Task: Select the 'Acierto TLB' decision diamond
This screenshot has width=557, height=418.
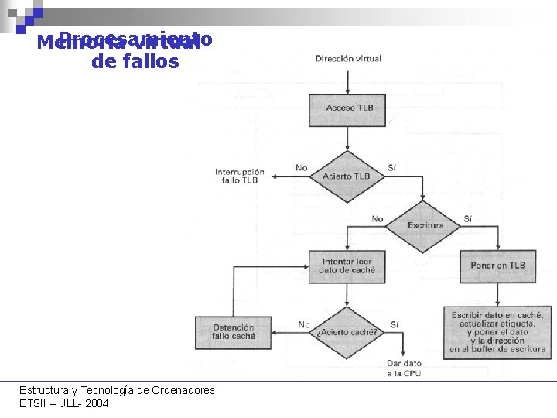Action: coord(347,176)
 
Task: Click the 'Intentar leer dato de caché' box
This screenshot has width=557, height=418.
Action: coord(347,266)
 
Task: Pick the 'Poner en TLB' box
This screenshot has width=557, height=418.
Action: coord(497,266)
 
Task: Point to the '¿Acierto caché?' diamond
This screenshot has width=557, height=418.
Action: coord(347,332)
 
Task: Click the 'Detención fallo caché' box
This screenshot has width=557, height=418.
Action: coord(233,332)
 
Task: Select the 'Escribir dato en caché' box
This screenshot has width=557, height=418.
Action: coord(498,332)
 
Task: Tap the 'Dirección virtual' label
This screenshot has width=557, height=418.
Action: coord(348,59)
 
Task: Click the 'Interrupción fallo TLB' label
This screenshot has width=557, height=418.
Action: coord(239,176)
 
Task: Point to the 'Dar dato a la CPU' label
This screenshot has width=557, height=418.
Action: coord(404,368)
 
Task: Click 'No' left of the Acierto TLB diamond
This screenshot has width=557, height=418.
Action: coord(301,167)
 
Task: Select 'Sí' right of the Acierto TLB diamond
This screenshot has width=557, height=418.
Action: coord(391,167)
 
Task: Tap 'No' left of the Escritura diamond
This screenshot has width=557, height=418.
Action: coord(377,219)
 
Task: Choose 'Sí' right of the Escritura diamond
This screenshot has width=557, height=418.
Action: coord(467,219)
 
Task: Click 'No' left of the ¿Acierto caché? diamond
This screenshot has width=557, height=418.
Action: coord(304,325)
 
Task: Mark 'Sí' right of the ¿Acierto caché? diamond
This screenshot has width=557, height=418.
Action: coord(395,325)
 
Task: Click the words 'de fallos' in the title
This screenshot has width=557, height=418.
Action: coord(135,62)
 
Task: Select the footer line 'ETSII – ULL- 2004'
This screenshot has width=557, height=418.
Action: coord(64,403)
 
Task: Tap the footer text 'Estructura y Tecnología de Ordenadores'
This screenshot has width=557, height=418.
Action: coord(117,390)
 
